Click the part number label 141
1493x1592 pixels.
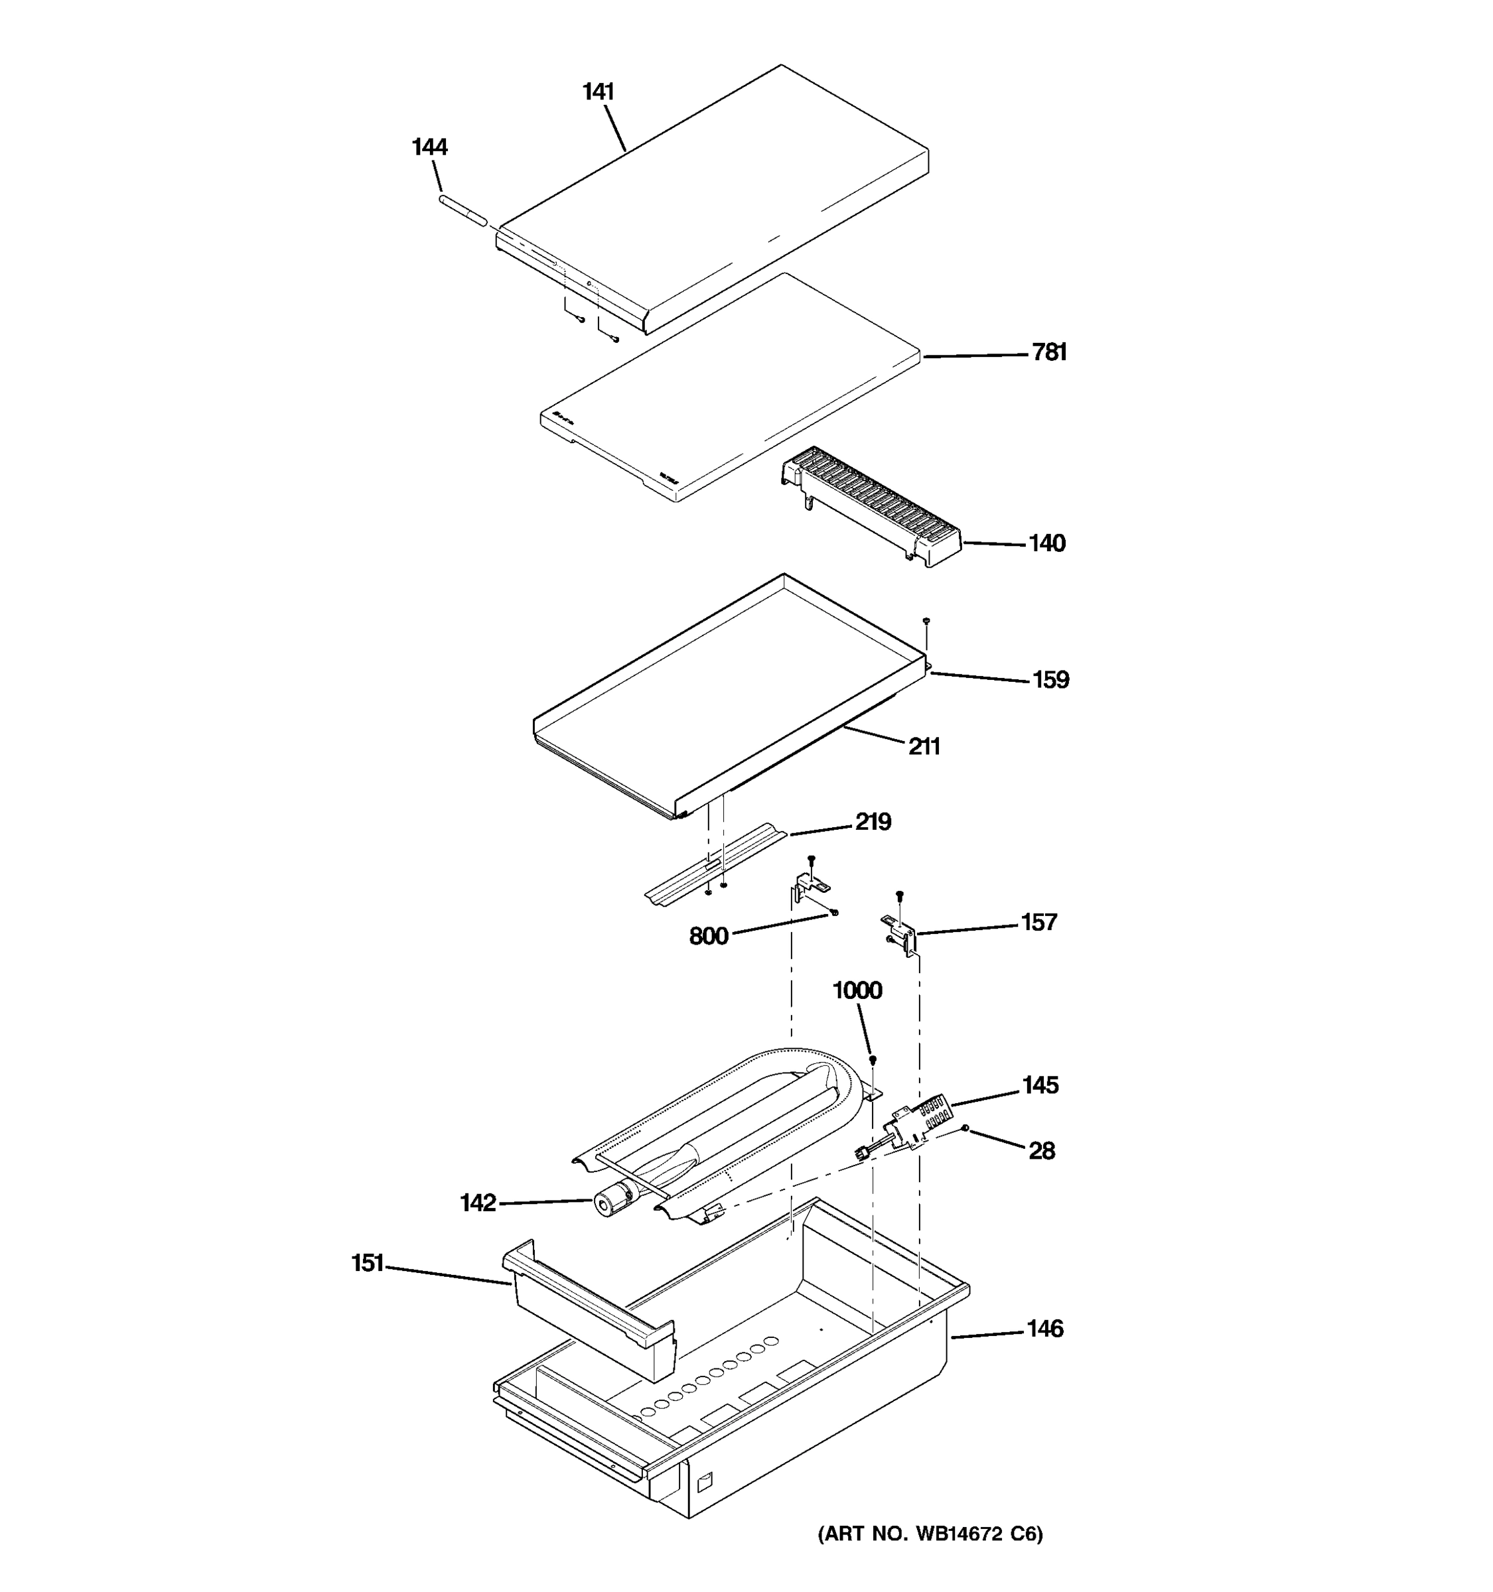pyautogui.click(x=597, y=92)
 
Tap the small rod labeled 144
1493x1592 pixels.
pyautogui.click(x=463, y=212)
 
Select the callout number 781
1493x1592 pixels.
pyautogui.click(x=1048, y=352)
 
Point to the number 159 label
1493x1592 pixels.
pyautogui.click(x=1050, y=680)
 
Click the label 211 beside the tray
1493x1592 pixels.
pyautogui.click(x=924, y=746)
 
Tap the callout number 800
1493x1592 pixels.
pyautogui.click(x=708, y=936)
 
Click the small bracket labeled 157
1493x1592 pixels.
pyautogui.click(x=901, y=932)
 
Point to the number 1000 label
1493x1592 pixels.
pyautogui.click(x=857, y=990)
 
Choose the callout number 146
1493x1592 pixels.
pyautogui.click(x=1044, y=1329)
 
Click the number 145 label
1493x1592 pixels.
pyautogui.click(x=1040, y=1085)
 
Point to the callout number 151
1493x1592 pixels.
pyautogui.click(x=368, y=1264)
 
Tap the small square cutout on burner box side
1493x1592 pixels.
pyautogui.click(x=704, y=1484)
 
